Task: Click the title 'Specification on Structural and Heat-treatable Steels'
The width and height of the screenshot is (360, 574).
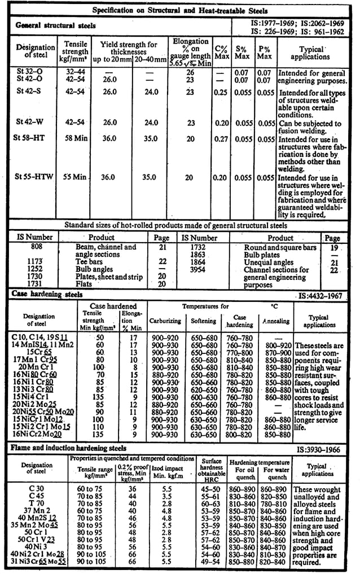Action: click(x=180, y=11)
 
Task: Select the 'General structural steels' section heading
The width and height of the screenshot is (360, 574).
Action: click(x=55, y=25)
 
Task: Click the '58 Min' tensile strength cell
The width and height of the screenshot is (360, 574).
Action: click(x=76, y=138)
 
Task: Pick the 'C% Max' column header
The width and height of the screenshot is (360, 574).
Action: click(x=221, y=52)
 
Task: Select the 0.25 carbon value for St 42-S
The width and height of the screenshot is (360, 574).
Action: click(x=221, y=92)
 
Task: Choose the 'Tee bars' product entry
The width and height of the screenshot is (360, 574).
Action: click(x=89, y=262)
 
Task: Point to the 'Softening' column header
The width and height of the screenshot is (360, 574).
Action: click(x=203, y=321)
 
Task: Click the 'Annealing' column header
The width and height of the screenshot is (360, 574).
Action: click(x=276, y=321)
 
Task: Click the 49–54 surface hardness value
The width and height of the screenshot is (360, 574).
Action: click(x=212, y=563)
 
